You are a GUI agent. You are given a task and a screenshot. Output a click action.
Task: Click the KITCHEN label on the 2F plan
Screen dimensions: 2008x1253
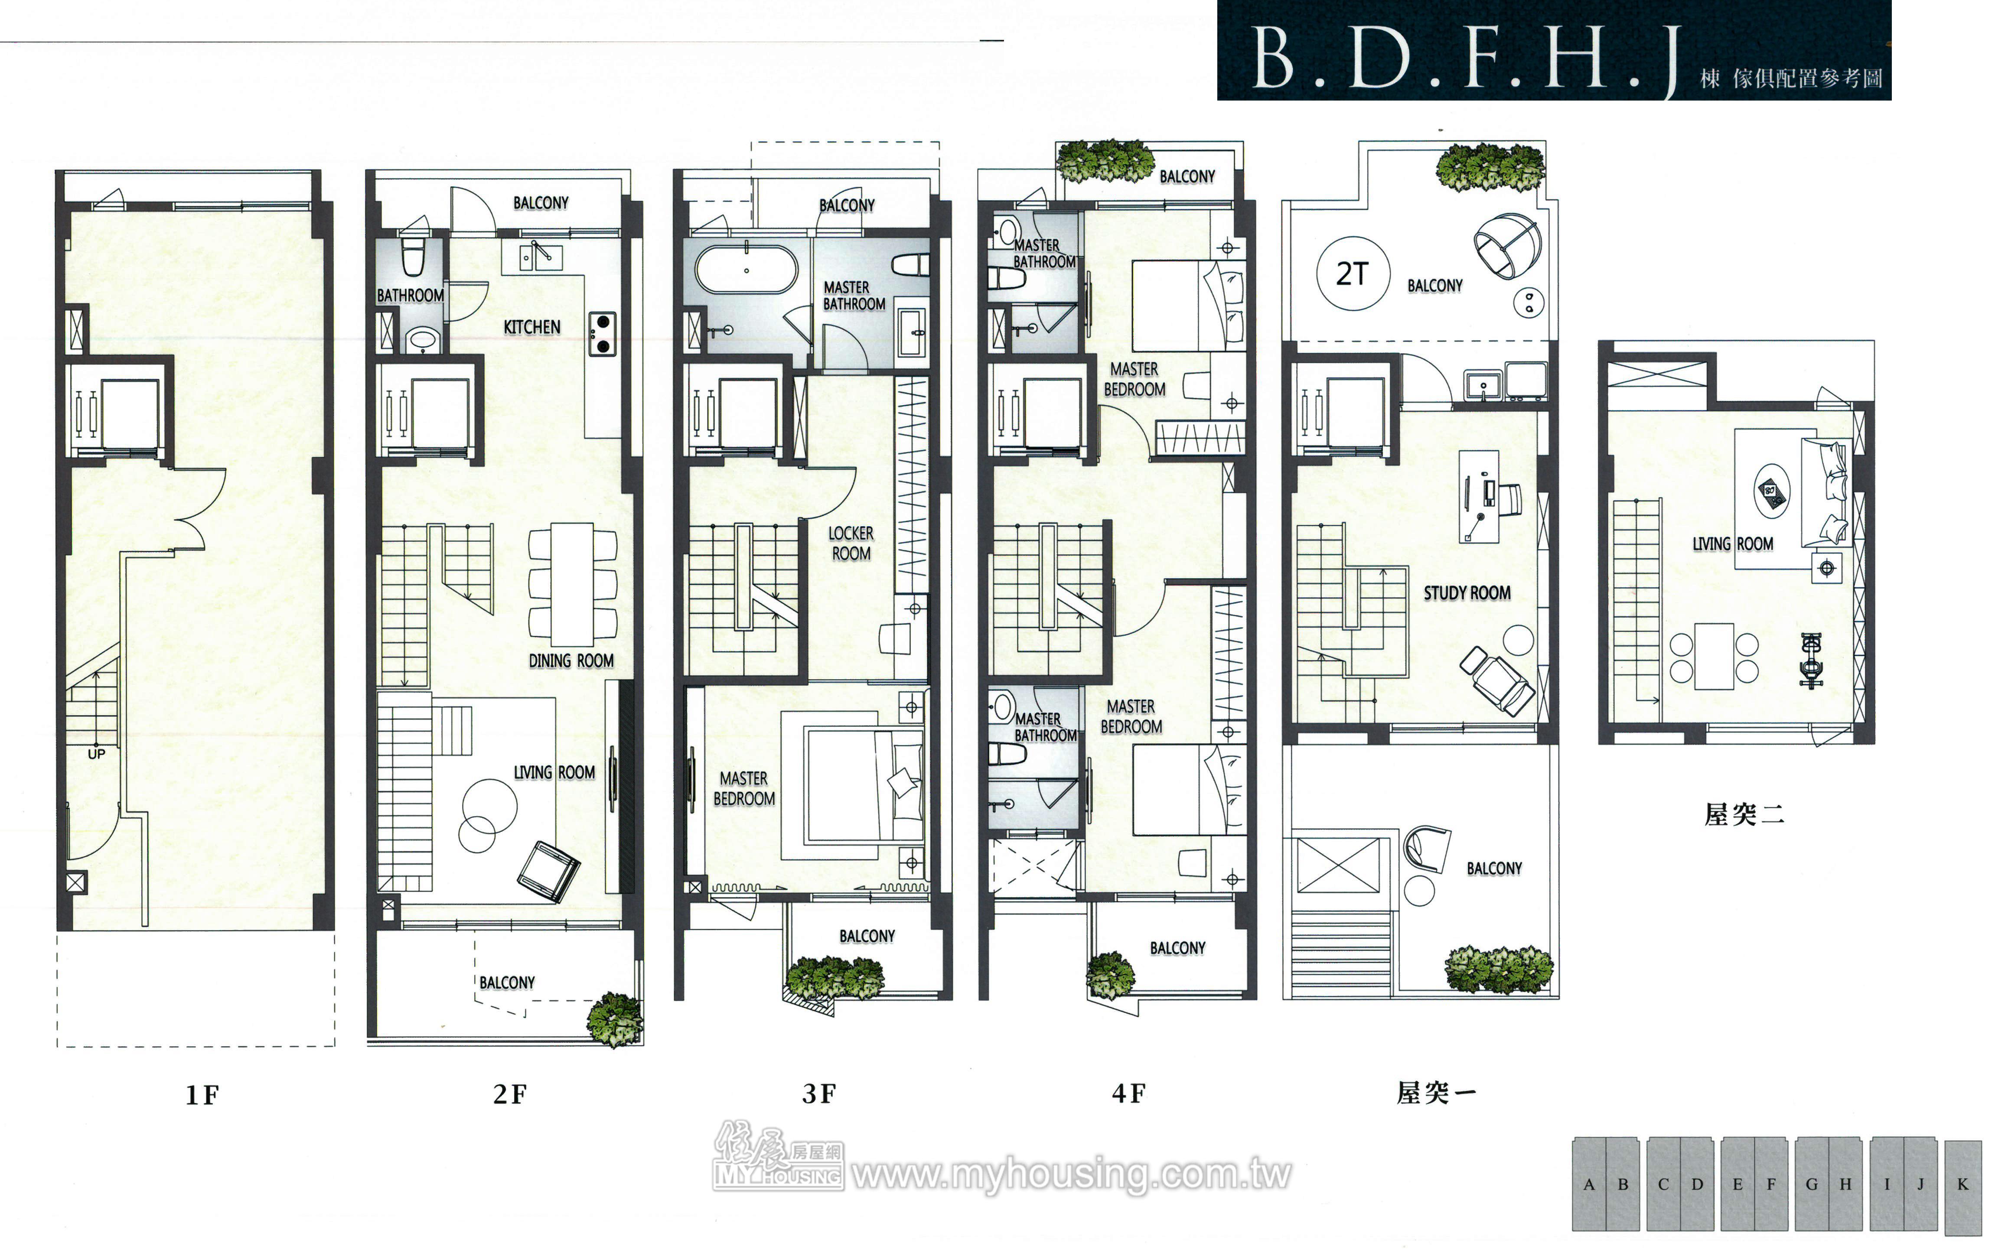click(x=532, y=327)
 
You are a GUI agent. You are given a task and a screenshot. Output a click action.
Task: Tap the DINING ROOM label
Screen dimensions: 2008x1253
click(x=571, y=661)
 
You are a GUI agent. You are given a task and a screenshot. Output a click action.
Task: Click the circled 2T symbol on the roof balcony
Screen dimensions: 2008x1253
click(x=1353, y=273)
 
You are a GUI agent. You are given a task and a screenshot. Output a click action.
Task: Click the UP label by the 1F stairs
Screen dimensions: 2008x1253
click(x=96, y=754)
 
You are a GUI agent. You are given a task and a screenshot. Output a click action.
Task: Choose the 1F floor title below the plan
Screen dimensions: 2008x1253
click(x=202, y=1096)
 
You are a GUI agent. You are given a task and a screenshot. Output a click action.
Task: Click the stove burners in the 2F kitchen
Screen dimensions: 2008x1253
click(x=603, y=333)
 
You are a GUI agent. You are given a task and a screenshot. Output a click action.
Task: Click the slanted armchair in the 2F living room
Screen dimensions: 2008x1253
click(x=548, y=870)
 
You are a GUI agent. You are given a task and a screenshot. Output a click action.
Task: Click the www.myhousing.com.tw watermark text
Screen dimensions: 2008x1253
click(x=1072, y=1174)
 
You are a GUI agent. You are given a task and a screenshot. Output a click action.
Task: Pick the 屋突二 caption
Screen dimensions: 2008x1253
click(x=1744, y=815)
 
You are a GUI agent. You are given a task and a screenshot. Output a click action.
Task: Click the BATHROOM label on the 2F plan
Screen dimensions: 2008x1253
click(x=410, y=296)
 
